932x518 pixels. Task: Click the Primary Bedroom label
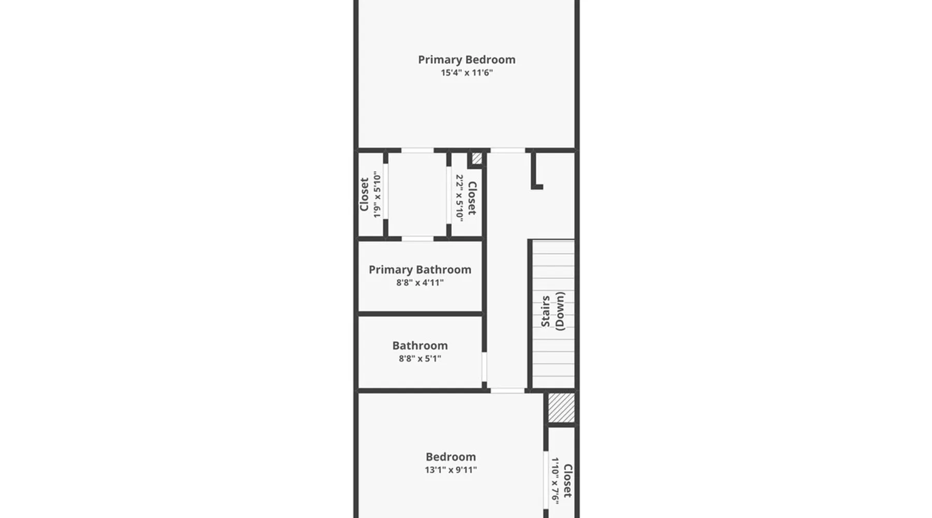click(467, 60)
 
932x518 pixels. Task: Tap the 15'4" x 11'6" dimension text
click(467, 73)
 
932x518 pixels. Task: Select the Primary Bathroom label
click(420, 270)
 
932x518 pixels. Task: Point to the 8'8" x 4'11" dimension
click(420, 283)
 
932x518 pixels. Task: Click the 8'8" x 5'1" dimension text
click(420, 358)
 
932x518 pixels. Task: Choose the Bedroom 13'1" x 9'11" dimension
click(450, 470)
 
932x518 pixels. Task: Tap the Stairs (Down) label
click(553, 311)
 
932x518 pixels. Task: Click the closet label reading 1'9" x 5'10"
click(377, 195)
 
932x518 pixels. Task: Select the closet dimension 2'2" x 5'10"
click(459, 197)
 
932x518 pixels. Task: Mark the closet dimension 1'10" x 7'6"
click(555, 481)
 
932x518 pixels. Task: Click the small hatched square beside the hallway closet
click(477, 159)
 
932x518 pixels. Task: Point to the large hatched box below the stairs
click(561, 408)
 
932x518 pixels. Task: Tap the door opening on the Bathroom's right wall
click(484, 367)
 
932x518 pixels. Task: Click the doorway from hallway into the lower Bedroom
click(507, 391)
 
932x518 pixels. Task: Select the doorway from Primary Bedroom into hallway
click(507, 151)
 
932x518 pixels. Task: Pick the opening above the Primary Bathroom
click(417, 239)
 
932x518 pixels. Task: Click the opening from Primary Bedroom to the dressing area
click(417, 151)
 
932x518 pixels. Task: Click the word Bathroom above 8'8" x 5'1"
click(420, 346)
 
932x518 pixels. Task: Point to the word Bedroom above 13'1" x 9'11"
click(450, 457)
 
